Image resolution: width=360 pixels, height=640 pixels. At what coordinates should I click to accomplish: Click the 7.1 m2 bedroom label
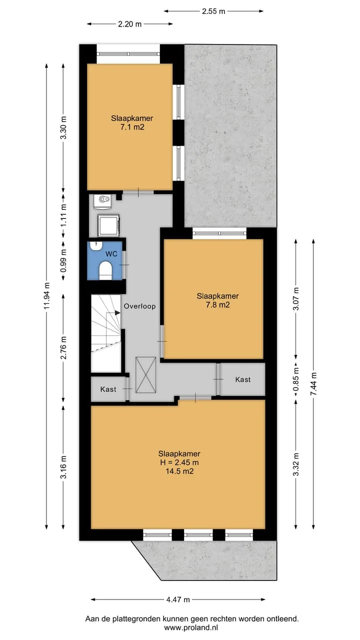coord(132,122)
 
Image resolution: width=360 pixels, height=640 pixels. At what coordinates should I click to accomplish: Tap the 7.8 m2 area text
coord(217,305)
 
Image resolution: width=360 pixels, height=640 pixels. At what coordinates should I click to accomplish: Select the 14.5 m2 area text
coord(179,471)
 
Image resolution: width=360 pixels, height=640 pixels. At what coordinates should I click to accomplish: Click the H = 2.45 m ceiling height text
coord(179,462)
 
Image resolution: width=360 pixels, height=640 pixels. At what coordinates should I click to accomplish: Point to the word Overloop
coord(139,306)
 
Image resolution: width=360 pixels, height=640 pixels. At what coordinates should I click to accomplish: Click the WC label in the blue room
coord(111,253)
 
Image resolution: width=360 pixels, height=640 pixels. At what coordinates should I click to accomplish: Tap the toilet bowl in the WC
coord(105,270)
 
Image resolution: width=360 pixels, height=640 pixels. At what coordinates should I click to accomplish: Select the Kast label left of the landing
coord(108,389)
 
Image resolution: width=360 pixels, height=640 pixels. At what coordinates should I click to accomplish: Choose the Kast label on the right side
coord(243,379)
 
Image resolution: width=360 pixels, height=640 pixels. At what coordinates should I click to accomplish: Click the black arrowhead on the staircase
coord(117,313)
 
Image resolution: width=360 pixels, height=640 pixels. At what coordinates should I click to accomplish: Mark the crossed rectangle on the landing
coord(145,375)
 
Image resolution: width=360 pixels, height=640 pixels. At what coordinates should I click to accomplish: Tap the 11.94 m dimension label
coord(47,295)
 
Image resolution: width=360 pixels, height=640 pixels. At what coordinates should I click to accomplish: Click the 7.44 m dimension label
coord(313,383)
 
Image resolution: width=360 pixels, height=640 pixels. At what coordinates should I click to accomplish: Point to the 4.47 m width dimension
coord(178,599)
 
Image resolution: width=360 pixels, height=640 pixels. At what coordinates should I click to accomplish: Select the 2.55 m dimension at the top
coord(213,11)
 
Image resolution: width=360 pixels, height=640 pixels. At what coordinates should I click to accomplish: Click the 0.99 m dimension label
coord(63,260)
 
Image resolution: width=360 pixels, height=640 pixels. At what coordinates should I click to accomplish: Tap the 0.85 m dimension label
coord(296,379)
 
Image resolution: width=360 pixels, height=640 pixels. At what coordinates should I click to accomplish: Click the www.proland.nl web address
coord(191,627)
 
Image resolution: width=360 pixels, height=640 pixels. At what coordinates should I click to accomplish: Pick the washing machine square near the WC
coord(108,225)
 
